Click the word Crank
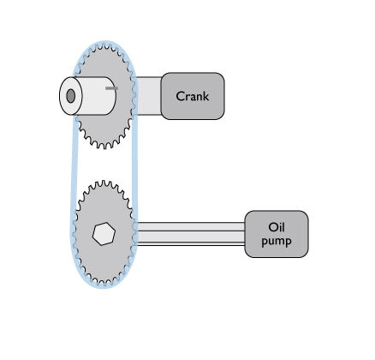pos(193,96)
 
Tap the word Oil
pos(277,227)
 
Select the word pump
pos(277,241)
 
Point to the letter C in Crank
pos(181,96)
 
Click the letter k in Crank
pos(205,96)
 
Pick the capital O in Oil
pos(273,227)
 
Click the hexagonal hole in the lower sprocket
pos(104,234)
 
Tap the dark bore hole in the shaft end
pos(71,96)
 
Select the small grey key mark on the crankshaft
pos(111,88)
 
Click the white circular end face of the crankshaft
pos(71,96)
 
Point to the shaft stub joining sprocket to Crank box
pos(147,96)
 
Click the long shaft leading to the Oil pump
pos(190,234)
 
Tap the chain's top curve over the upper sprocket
pos(105,43)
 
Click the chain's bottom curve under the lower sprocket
pos(104,287)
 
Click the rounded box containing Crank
pos(193,96)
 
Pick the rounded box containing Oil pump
pos(277,234)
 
